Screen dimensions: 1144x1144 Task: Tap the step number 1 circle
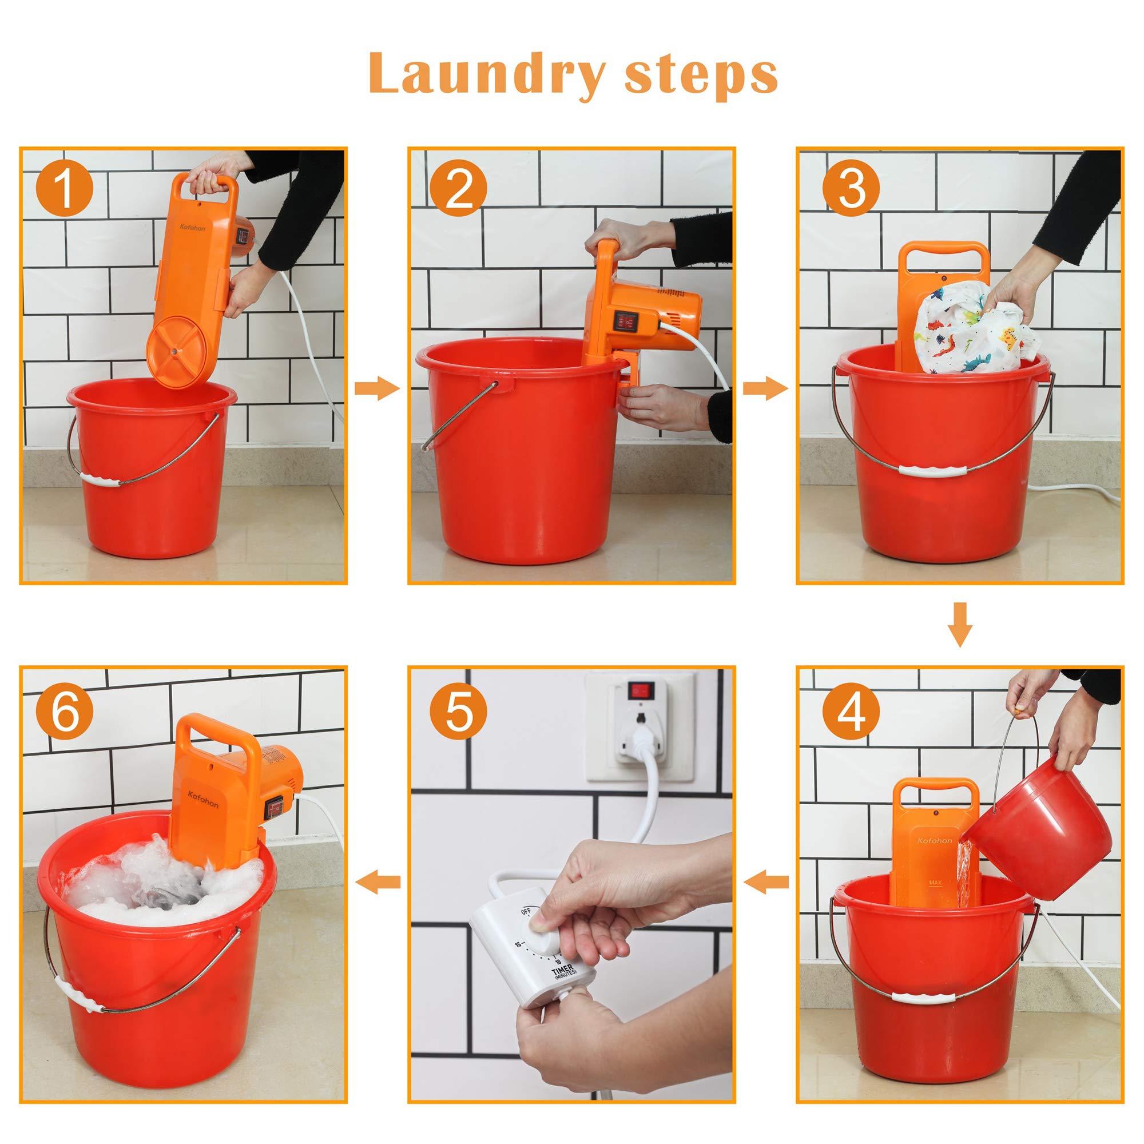(x=65, y=188)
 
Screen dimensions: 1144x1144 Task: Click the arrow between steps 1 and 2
(x=377, y=388)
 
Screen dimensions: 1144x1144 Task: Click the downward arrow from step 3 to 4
(x=960, y=624)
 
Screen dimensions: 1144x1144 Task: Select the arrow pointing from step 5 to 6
(x=377, y=882)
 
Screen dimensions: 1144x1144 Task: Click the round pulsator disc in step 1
(x=174, y=351)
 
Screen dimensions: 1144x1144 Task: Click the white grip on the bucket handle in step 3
(x=932, y=470)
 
